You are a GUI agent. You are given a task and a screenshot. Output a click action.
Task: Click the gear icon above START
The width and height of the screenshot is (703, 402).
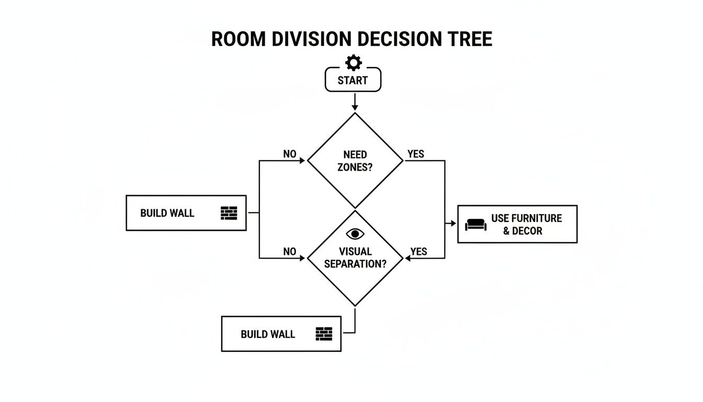pyautogui.click(x=354, y=63)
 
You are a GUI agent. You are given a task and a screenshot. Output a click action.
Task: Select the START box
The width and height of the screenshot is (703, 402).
pyautogui.click(x=353, y=81)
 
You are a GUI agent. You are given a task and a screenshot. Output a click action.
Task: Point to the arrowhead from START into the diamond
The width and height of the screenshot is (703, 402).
pyautogui.click(x=355, y=107)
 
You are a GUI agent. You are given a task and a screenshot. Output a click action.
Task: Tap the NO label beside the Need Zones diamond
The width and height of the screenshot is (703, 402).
pyautogui.click(x=290, y=154)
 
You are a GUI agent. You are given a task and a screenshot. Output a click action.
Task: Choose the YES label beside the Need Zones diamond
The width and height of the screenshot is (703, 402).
pyautogui.click(x=416, y=154)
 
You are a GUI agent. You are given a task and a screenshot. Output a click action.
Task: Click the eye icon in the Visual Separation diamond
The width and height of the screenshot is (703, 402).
pyautogui.click(x=355, y=234)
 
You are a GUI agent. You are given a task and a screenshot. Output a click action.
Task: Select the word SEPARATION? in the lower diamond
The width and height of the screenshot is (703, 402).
pyautogui.click(x=355, y=264)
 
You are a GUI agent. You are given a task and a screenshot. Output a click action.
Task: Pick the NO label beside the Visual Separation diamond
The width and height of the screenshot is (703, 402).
pyautogui.click(x=290, y=252)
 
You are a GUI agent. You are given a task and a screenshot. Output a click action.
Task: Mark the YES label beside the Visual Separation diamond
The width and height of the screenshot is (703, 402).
pyautogui.click(x=418, y=252)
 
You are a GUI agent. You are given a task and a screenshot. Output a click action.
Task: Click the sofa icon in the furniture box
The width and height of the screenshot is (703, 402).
pyautogui.click(x=475, y=225)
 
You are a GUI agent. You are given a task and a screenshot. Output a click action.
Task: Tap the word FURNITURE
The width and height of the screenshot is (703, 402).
pyautogui.click(x=537, y=218)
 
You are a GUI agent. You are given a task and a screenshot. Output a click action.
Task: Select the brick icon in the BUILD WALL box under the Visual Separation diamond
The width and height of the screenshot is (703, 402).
pyautogui.click(x=324, y=334)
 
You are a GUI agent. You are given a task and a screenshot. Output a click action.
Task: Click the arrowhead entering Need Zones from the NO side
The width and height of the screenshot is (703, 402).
pyautogui.click(x=302, y=161)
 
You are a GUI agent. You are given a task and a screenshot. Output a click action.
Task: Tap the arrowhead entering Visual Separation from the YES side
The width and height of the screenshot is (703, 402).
pyautogui.click(x=408, y=258)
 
